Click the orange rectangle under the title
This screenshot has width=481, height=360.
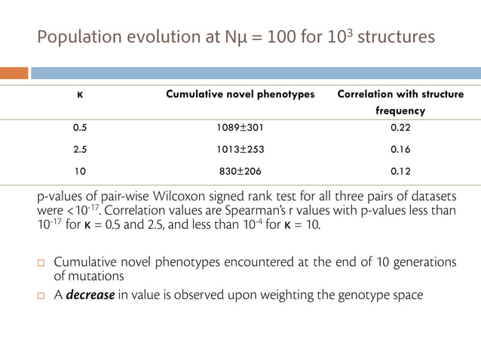14,73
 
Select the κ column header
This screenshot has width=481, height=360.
79,95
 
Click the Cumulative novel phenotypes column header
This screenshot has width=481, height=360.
239,95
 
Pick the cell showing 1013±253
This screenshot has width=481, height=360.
239,149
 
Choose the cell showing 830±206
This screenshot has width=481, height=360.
239,171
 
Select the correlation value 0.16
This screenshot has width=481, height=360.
400,149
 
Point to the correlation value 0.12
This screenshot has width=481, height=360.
400,171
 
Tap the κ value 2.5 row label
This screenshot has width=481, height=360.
79,149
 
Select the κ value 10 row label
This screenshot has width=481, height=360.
79,171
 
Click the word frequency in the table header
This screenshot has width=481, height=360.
400,111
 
